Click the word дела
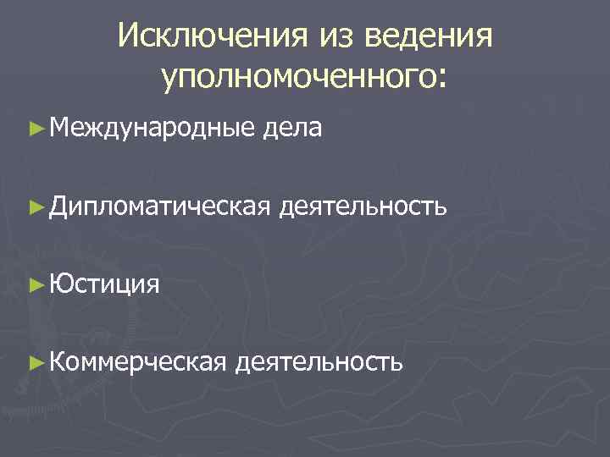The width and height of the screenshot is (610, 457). coord(292,128)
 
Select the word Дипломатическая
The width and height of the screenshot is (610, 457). coord(160,204)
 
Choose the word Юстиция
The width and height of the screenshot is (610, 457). coord(104,282)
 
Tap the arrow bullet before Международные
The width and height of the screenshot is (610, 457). coord(35,128)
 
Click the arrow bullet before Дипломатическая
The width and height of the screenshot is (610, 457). coord(35,204)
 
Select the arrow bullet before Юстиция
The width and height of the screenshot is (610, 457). coord(35,282)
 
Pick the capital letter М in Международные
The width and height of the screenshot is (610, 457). coord(60,128)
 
